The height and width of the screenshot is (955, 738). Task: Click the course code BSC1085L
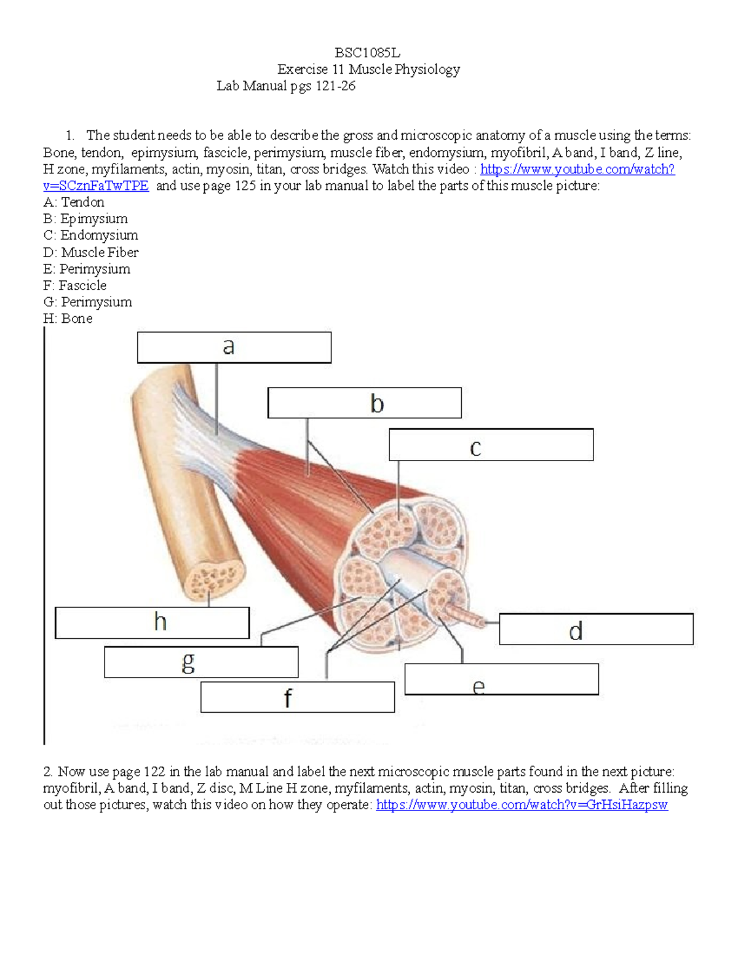(367, 53)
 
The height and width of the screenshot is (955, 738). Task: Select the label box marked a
(234, 347)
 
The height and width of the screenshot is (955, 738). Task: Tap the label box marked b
(364, 403)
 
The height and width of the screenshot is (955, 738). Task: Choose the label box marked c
(491, 445)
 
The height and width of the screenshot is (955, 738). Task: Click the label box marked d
(595, 630)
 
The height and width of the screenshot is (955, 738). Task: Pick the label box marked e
(501, 680)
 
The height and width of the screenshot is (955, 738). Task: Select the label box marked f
(297, 697)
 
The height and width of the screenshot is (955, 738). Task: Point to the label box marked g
(201, 662)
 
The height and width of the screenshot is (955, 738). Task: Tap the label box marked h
(152, 623)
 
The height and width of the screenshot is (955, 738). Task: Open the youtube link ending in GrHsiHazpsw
(522, 805)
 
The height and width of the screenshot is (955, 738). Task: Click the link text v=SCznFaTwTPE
(96, 186)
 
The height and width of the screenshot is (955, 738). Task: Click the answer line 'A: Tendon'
(74, 202)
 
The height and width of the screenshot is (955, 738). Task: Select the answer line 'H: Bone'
(68, 319)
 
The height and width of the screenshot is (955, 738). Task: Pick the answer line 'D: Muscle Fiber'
(91, 252)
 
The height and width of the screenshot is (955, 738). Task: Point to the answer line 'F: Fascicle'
(75, 285)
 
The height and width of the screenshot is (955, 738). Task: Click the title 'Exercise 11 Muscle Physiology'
(368, 69)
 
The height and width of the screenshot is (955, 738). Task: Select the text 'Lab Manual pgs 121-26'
(286, 86)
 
